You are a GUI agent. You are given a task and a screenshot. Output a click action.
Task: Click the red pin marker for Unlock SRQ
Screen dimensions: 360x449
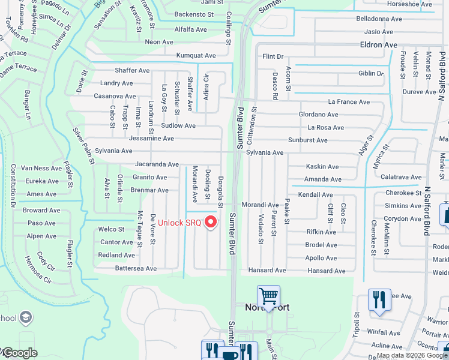pos(210,223)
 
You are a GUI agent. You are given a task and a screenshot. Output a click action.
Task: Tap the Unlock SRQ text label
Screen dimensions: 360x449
pos(179,223)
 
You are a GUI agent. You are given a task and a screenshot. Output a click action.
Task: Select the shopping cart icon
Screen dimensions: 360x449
pos(268,296)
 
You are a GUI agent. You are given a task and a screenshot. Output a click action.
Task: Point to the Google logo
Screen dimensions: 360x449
pos(19,353)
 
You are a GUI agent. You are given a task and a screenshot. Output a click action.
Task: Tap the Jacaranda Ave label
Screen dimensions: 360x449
pos(157,164)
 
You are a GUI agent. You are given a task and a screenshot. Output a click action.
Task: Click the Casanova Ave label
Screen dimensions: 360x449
pos(115,96)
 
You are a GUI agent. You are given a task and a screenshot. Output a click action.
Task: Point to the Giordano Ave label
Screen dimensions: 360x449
pos(319,115)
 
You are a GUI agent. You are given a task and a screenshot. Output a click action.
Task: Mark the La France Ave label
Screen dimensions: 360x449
pos(349,102)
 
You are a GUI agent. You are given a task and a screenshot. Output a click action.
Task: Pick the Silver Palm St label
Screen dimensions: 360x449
pos(83,146)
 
